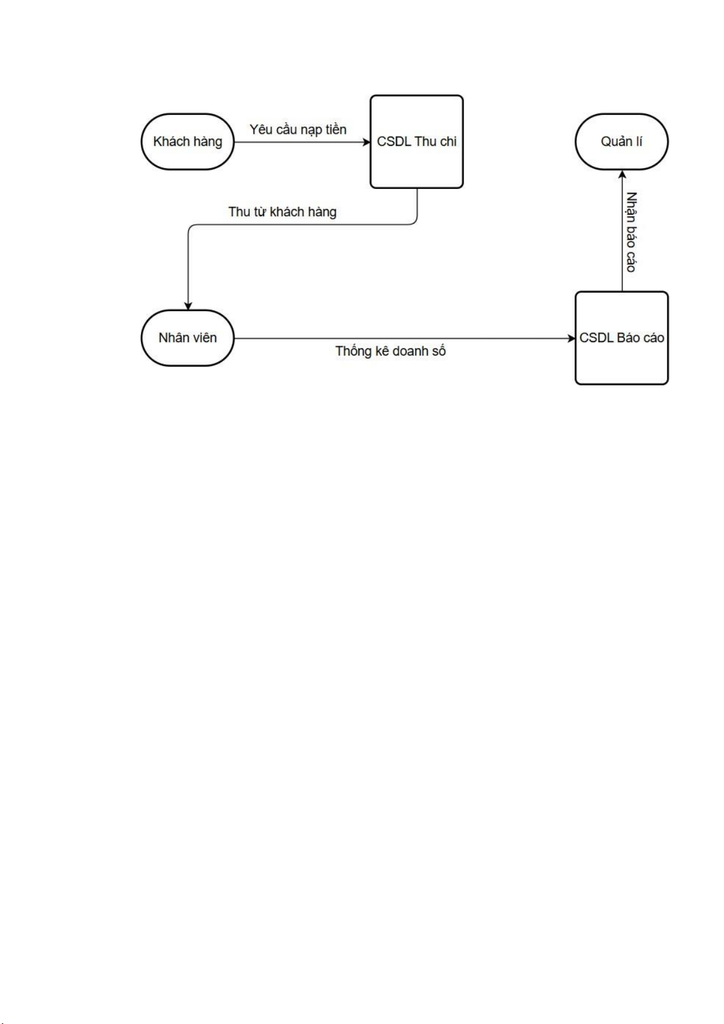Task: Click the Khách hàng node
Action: pyautogui.click(x=188, y=142)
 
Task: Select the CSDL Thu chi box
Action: pyautogui.click(x=417, y=142)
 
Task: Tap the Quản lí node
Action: pyautogui.click(x=621, y=142)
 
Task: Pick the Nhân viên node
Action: pyautogui.click(x=188, y=338)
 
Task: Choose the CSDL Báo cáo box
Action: pyautogui.click(x=621, y=338)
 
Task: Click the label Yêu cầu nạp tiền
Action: pyautogui.click(x=298, y=129)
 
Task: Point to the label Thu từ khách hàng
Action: pyautogui.click(x=282, y=212)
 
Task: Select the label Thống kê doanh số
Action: pyautogui.click(x=391, y=351)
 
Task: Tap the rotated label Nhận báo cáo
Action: pyautogui.click(x=632, y=232)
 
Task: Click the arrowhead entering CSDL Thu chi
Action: pyautogui.click(x=366, y=142)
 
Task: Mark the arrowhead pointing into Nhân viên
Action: pyautogui.click(x=188, y=306)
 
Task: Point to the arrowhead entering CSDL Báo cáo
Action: pyautogui.click(x=571, y=338)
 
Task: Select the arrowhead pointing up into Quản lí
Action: pyautogui.click(x=622, y=174)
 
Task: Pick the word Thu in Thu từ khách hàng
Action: pyautogui.click(x=239, y=212)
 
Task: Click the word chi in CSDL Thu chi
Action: pyautogui.click(x=448, y=142)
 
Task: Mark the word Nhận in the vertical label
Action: pyautogui.click(x=632, y=207)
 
